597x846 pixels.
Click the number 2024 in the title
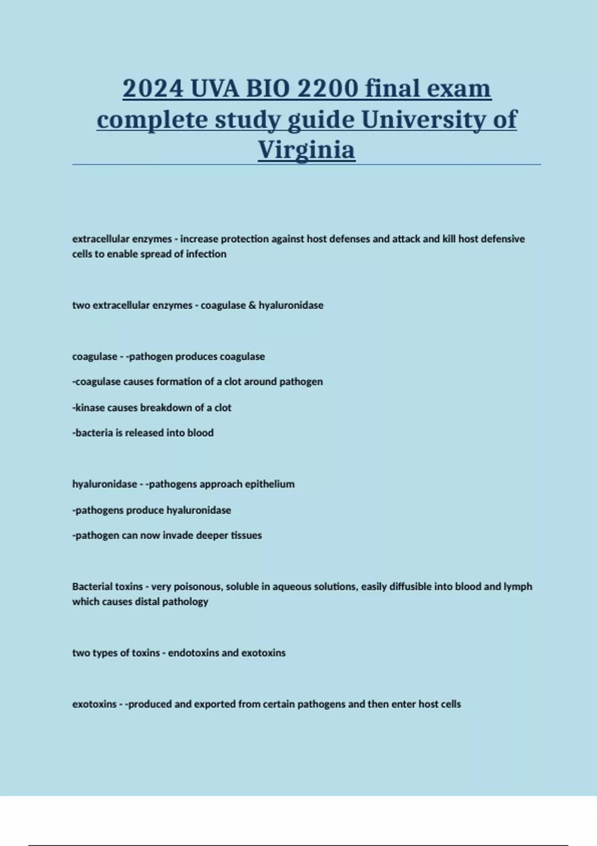click(153, 89)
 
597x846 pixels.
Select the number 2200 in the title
click(327, 89)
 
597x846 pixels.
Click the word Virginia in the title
click(306, 149)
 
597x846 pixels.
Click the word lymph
click(518, 586)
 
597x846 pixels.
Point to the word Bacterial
click(93, 586)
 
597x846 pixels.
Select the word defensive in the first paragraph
click(502, 239)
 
